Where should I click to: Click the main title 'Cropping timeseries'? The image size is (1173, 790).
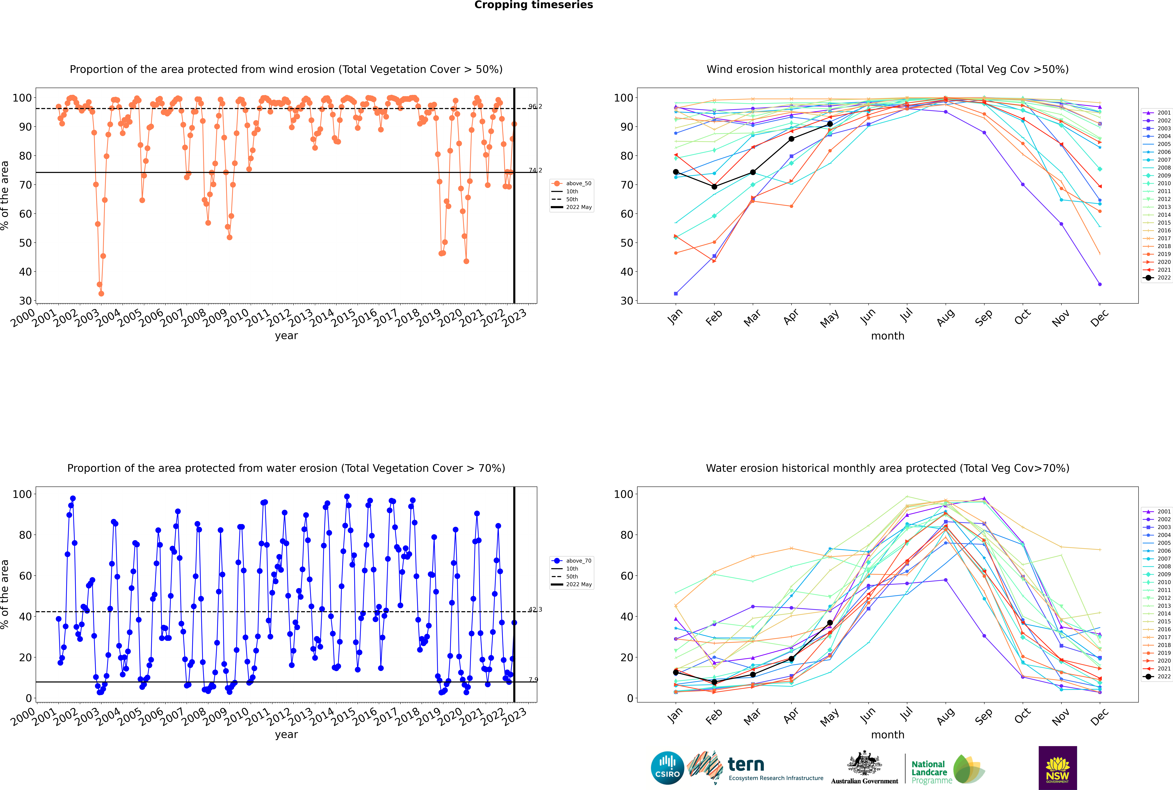(x=534, y=5)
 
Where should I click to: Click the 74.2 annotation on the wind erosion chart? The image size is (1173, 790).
(x=535, y=170)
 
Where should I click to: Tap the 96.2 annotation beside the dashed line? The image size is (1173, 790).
(x=535, y=106)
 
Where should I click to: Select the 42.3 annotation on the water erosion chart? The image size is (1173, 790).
(x=535, y=610)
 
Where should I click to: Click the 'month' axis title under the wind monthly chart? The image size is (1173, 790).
(x=888, y=336)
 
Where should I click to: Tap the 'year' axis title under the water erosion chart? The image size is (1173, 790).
(x=286, y=735)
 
